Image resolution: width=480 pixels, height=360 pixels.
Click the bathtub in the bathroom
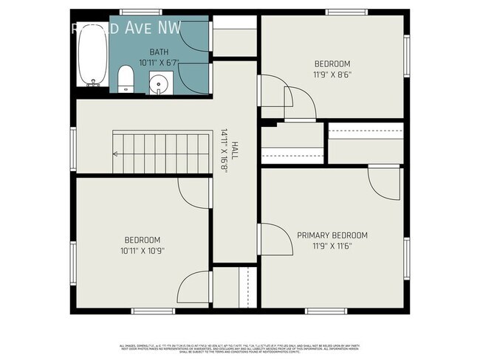coord(92,55)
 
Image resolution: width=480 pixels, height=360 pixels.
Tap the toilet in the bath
coord(126,78)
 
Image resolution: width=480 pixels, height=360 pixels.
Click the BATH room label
coord(159,52)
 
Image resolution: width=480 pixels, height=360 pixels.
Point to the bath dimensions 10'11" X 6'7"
coord(159,63)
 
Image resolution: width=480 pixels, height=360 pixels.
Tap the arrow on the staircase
coord(117,153)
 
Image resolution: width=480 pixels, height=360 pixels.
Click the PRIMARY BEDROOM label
coord(332,235)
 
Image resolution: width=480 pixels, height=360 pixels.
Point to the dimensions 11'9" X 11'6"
coord(332,246)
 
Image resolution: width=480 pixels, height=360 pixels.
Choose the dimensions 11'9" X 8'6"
coord(332,75)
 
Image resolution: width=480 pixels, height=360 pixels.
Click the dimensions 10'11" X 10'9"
coord(142,250)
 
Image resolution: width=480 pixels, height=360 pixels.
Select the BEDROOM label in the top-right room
coord(332,64)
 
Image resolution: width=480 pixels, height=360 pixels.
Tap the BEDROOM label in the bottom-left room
coord(142,240)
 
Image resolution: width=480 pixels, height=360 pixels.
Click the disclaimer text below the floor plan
coord(240,347)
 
